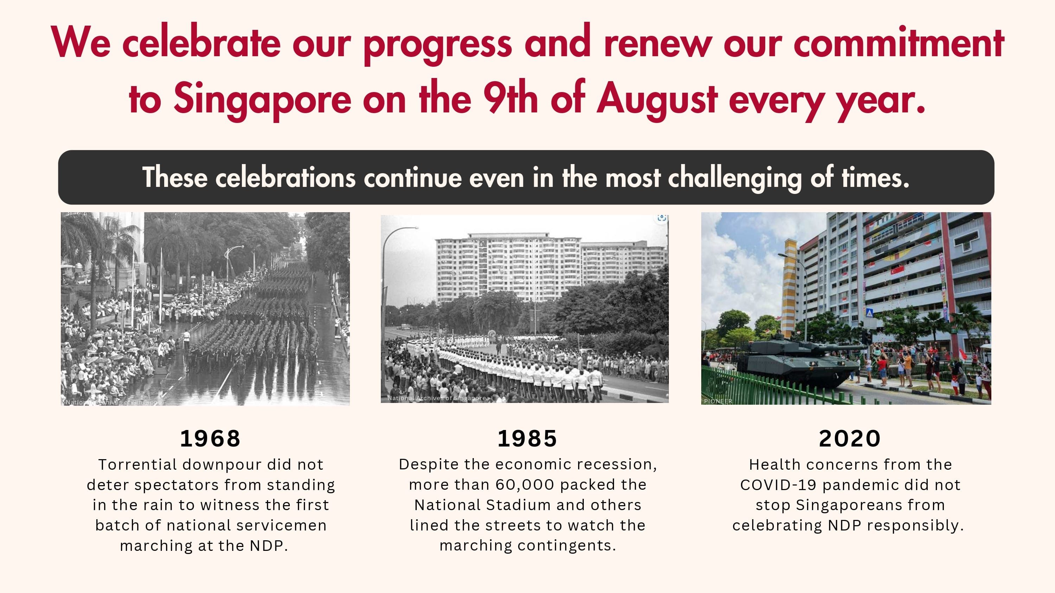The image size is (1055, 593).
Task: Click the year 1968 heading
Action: pos(210,439)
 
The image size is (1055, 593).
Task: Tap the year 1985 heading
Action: pos(527,439)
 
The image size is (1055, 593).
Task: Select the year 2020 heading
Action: pos(849,439)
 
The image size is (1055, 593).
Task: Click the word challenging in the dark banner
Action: pos(735,178)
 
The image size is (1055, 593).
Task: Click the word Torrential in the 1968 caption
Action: pos(137,465)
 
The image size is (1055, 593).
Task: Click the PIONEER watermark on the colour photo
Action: pos(718,401)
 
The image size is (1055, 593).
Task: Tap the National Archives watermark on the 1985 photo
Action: pos(436,398)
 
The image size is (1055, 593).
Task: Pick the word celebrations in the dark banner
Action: pos(286,178)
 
